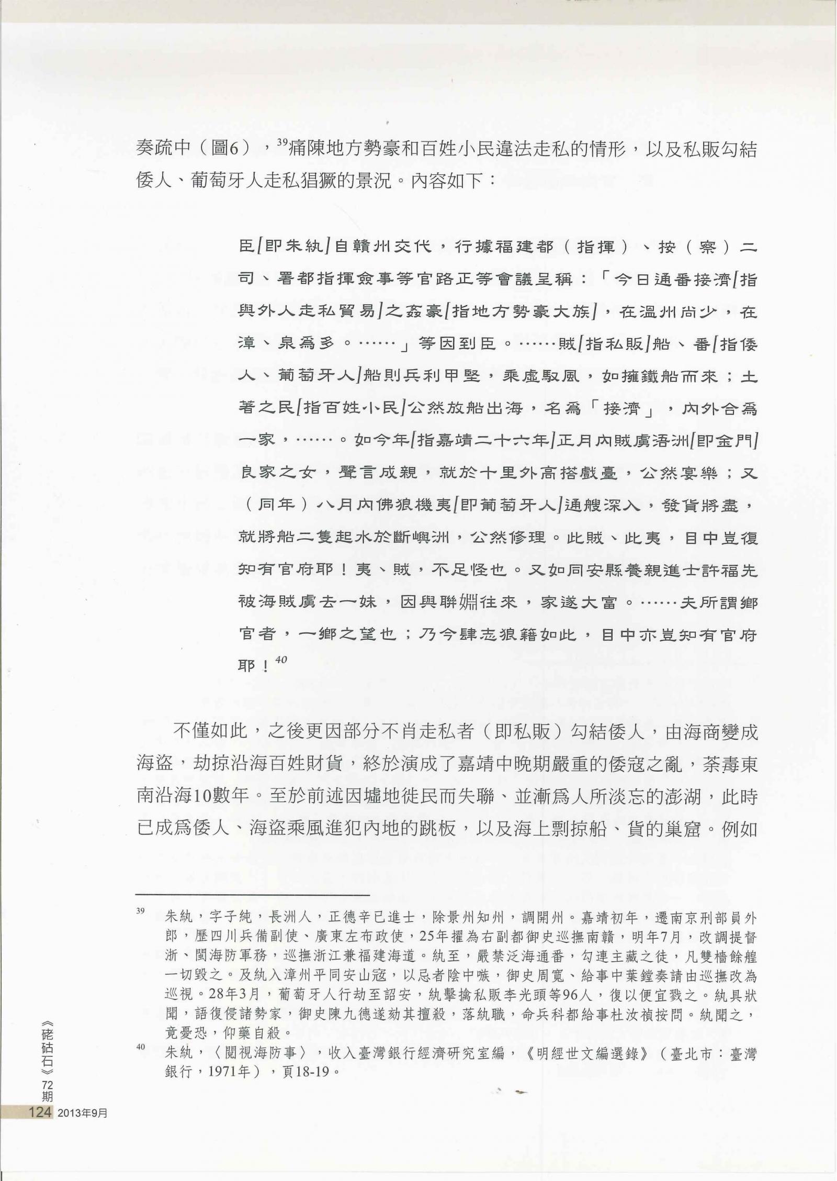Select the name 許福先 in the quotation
click(725, 571)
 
